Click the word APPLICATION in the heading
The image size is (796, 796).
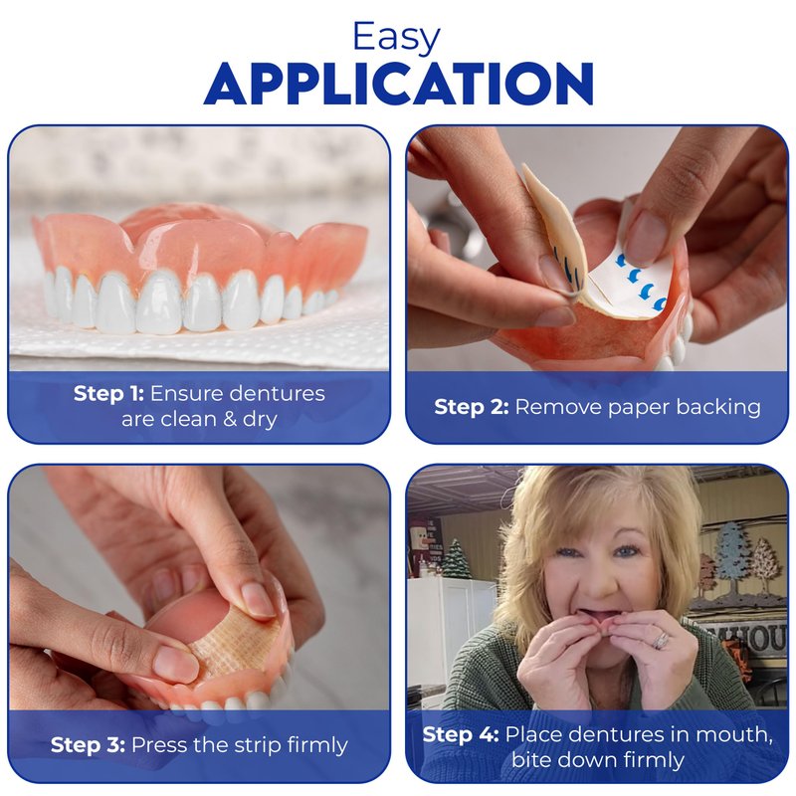[x=399, y=85]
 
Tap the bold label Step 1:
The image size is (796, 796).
[x=109, y=394]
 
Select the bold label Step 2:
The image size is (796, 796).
[x=472, y=407]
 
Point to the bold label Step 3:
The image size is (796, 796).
[x=88, y=745]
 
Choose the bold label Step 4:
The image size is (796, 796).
[x=461, y=734]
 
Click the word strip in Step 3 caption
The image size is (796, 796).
[x=258, y=745]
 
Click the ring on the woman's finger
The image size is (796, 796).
[x=661, y=640]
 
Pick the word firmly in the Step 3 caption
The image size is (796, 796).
[x=317, y=745]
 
